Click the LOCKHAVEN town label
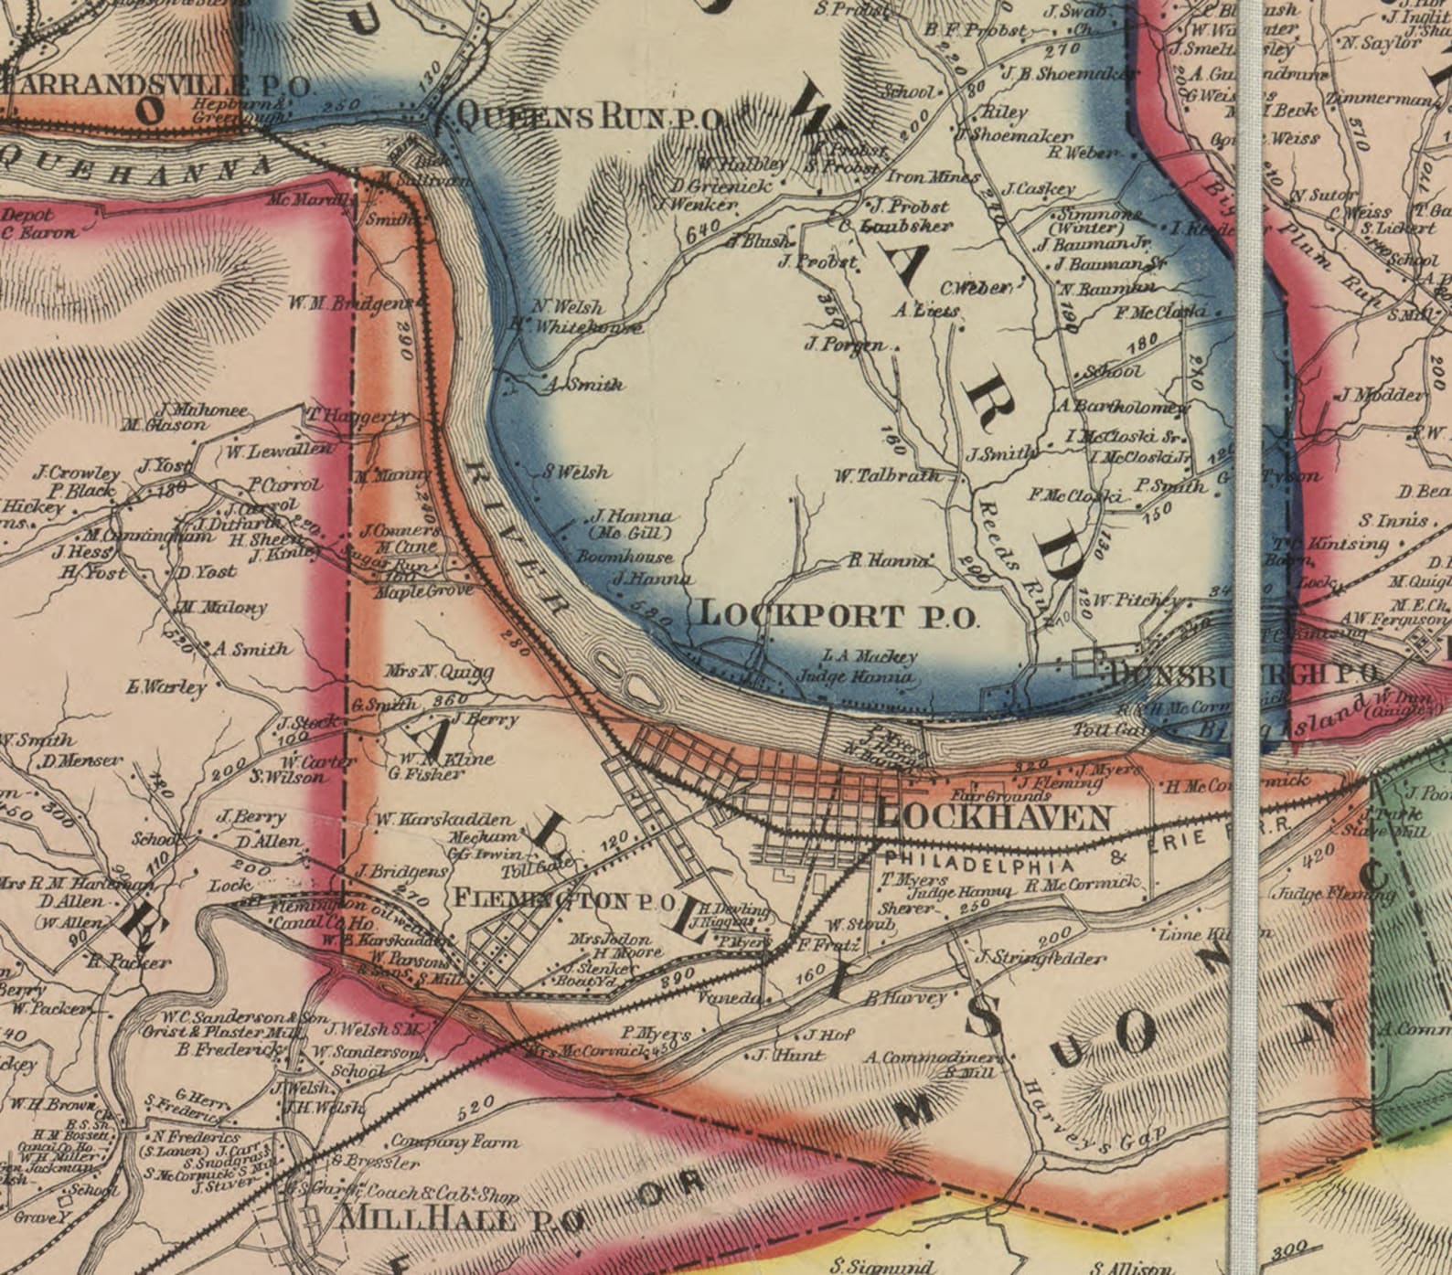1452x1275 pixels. tap(994, 817)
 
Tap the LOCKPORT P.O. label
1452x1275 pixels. tap(838, 615)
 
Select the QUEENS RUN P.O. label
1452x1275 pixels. tap(591, 116)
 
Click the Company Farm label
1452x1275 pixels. tap(454, 1142)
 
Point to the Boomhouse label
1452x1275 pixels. tap(625, 557)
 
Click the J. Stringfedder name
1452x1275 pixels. tap(1040, 958)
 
